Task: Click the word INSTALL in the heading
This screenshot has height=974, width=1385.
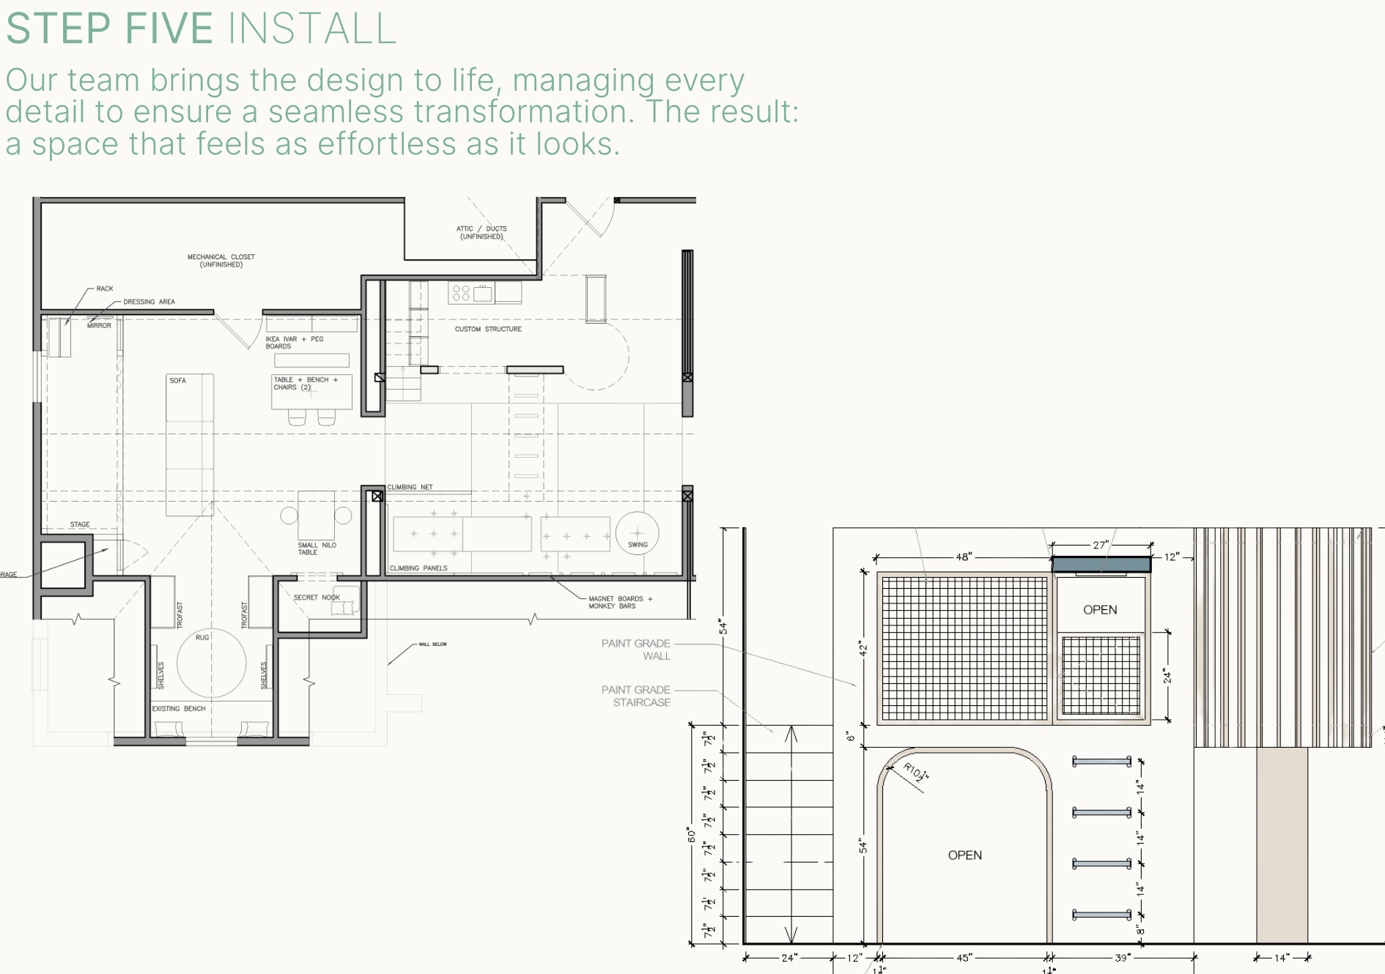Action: click(x=312, y=29)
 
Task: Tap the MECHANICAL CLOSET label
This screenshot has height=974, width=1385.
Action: click(x=221, y=261)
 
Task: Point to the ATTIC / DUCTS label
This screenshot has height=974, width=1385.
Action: click(x=481, y=232)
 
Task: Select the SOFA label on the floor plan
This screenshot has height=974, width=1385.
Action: click(x=177, y=381)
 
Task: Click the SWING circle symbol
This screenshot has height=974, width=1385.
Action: click(x=637, y=534)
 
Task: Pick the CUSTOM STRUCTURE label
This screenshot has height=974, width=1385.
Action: click(x=488, y=330)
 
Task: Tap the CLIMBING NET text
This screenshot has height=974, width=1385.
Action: click(x=410, y=487)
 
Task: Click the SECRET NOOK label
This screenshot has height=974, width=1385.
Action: click(x=317, y=598)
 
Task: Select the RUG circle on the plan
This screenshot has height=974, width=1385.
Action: click(x=211, y=663)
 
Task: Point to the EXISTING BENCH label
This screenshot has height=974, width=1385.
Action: click(x=178, y=709)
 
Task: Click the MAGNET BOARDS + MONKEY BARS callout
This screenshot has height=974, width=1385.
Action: click(x=620, y=602)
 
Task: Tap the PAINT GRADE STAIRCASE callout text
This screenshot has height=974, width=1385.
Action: click(x=636, y=696)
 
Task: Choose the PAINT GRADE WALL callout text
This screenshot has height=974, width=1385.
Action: click(x=636, y=650)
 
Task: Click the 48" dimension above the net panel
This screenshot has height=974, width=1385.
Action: click(x=963, y=557)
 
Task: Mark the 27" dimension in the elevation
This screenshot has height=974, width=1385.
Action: click(x=1100, y=545)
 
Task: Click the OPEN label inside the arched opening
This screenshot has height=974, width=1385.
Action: click(x=964, y=855)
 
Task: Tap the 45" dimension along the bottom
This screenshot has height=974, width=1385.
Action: click(x=964, y=958)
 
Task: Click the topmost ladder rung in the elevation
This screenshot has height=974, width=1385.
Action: click(x=1101, y=762)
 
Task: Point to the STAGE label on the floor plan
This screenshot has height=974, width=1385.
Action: click(x=80, y=524)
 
